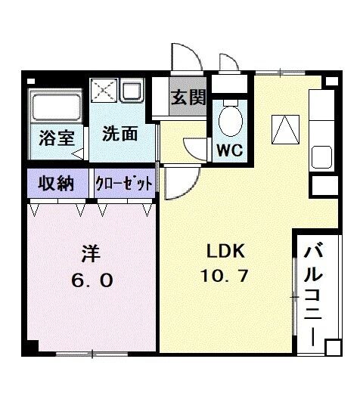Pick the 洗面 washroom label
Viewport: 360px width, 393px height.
(x=119, y=134)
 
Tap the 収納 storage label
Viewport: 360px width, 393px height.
(x=57, y=183)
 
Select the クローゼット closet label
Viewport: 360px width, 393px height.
(x=124, y=184)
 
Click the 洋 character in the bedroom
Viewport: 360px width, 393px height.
(x=92, y=251)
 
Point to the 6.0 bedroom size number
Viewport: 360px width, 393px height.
(x=92, y=280)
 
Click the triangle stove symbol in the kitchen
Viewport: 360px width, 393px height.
(x=285, y=129)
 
